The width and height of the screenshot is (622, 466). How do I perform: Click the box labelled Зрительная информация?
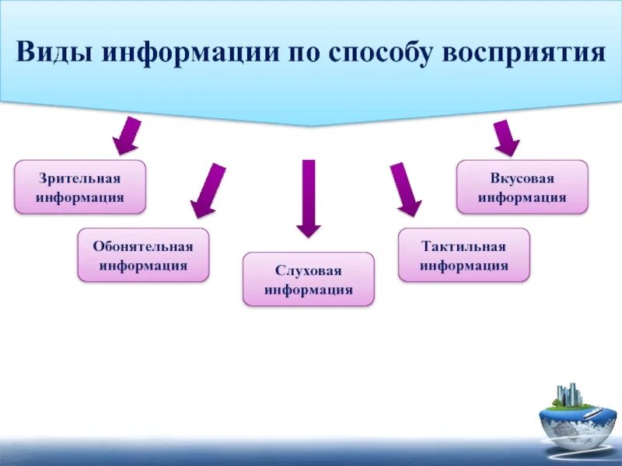(80, 187)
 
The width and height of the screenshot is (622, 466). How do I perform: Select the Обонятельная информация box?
(143, 255)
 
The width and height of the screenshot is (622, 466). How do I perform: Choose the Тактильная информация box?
(464, 255)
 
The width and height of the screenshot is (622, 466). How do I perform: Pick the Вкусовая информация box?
(522, 187)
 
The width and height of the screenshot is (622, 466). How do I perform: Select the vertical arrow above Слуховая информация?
(309, 198)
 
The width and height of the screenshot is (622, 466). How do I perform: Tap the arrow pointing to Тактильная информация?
(405, 189)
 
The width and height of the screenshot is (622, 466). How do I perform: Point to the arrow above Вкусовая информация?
(506, 137)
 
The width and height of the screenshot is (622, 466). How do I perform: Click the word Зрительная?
(80, 178)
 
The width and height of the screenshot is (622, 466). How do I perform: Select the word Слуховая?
(309, 270)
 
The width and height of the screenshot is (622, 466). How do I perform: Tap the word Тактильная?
(464, 246)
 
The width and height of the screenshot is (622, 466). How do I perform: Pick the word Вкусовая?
(522, 178)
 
